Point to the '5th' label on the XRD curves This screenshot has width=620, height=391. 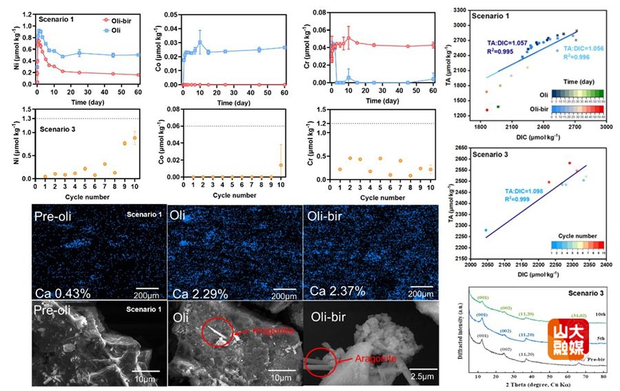(x=594, y=339)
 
